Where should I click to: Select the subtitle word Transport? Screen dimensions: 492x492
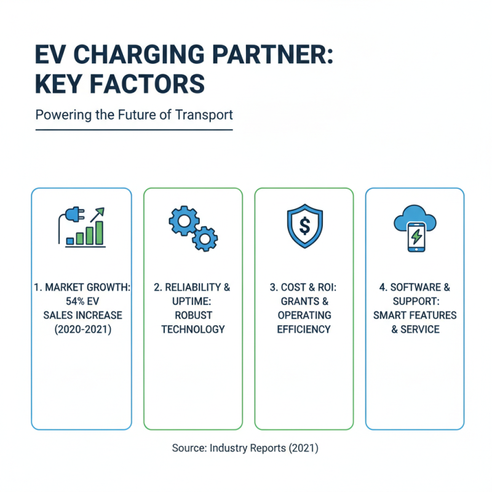pyautogui.click(x=206, y=115)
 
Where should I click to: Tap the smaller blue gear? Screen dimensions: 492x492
pyautogui.click(x=205, y=238)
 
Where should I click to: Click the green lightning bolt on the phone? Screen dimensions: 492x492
pyautogui.click(x=416, y=235)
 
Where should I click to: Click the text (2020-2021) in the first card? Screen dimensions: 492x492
pyautogui.click(x=82, y=329)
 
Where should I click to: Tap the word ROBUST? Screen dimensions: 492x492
pyautogui.click(x=192, y=315)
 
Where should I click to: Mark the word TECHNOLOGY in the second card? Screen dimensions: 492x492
pyautogui.click(x=192, y=329)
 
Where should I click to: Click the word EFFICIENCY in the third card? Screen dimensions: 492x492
pyautogui.click(x=304, y=329)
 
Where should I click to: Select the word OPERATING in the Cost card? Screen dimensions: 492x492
pyautogui.click(x=304, y=315)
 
